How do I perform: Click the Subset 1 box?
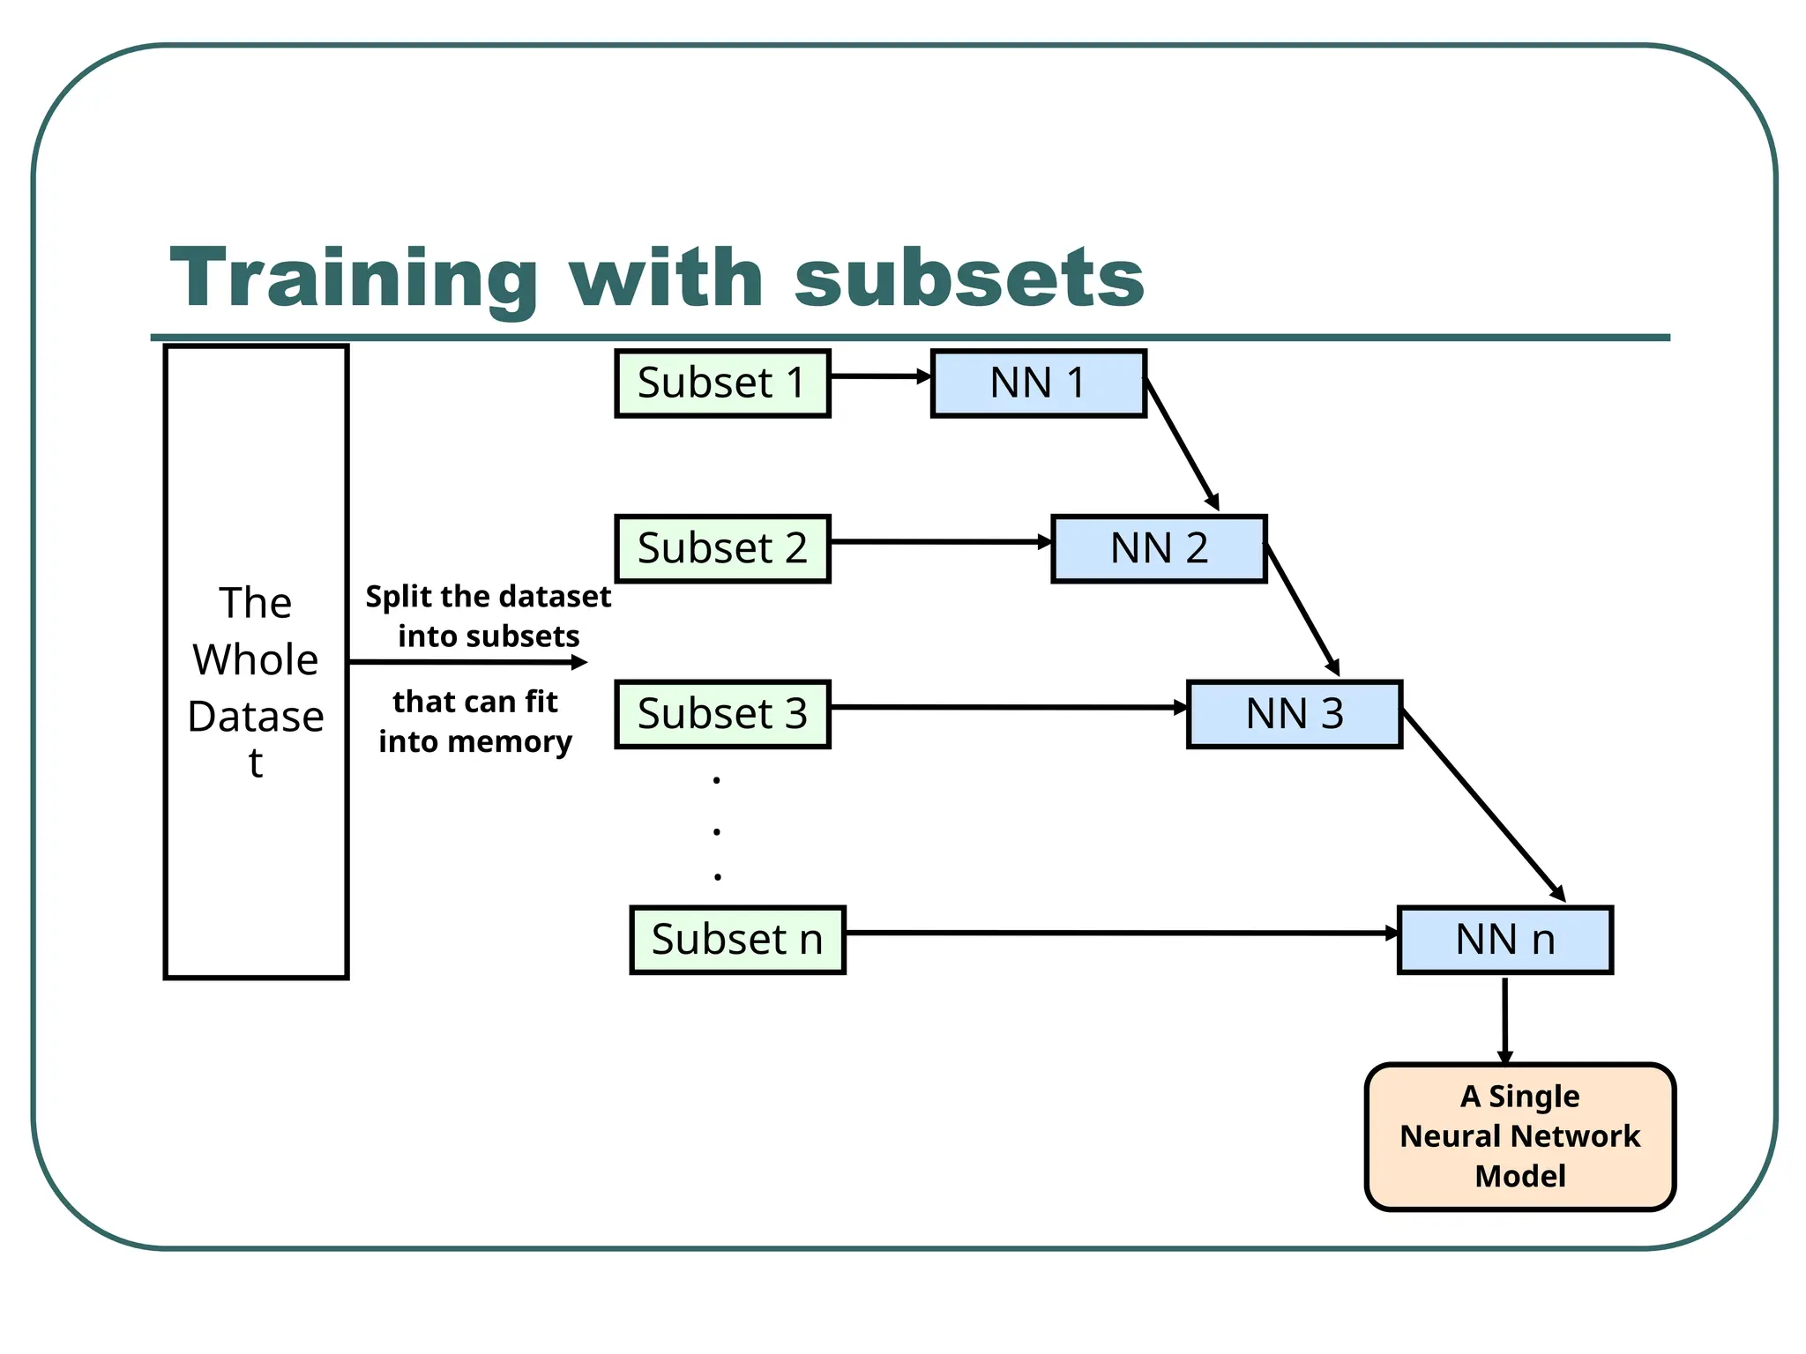[721, 383]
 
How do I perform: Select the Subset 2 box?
[721, 548]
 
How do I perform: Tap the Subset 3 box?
[721, 713]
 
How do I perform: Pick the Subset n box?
[737, 940]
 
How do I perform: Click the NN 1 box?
[1038, 383]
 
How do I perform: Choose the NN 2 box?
[1159, 548]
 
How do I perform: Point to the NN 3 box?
[1294, 713]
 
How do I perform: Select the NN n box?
[1504, 940]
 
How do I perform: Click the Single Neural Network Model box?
[1519, 1136]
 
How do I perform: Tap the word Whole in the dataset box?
[256, 659]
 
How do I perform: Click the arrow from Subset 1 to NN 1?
[879, 376]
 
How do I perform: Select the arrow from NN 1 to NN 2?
[1182, 444]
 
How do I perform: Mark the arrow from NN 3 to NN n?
[1482, 805]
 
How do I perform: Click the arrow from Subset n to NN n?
[1120, 933]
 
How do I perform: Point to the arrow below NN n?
[1504, 1019]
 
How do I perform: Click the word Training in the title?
[354, 278]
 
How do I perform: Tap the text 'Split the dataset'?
[488, 597]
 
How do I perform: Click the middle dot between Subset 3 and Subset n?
[717, 831]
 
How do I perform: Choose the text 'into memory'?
[475, 741]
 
